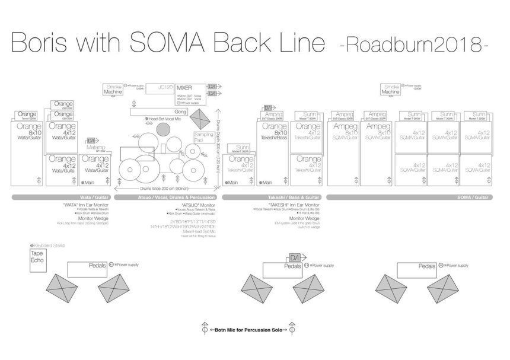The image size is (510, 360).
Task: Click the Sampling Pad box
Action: pyautogui.click(x=203, y=138)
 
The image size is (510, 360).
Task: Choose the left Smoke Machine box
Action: pyautogui.click(x=113, y=90)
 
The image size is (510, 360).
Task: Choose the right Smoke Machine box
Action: pyautogui.click(x=391, y=90)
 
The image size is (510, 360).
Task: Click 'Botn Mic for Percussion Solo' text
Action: pyautogui.click(x=248, y=329)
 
